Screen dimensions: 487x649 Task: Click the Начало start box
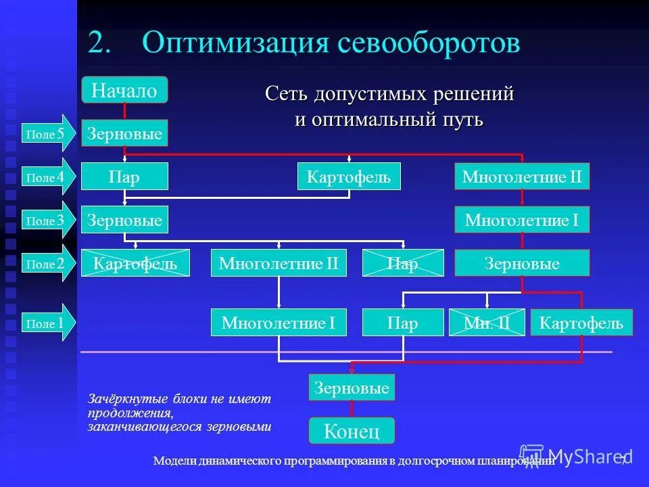(124, 90)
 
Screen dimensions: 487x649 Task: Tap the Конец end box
(352, 431)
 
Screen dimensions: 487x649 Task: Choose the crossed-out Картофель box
(135, 263)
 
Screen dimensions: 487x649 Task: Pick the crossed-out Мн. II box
(487, 323)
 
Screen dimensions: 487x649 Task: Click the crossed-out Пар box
(403, 263)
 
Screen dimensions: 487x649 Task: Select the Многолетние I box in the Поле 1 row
(279, 323)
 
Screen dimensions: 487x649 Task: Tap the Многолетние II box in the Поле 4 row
(522, 177)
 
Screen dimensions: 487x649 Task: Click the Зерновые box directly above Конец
(352, 388)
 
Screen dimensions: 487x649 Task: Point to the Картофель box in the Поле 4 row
(349, 177)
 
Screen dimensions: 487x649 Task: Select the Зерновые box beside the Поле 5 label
(124, 134)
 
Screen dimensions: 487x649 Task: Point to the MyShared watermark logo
(571, 455)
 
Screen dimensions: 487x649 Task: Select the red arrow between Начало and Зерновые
(124, 112)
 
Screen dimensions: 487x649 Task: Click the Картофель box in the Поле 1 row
(581, 323)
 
